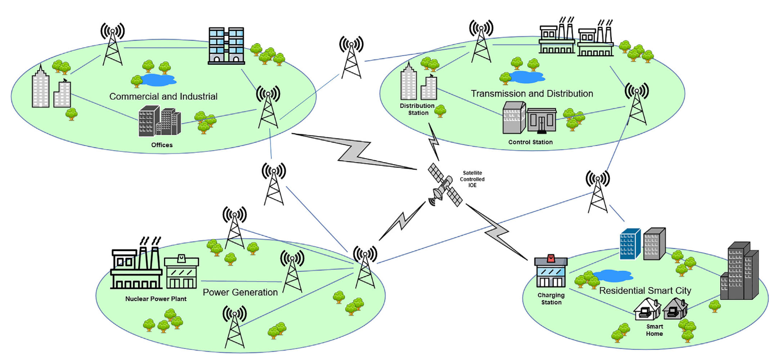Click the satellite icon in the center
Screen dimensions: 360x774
[445, 185]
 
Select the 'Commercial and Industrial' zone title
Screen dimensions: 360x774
[163, 96]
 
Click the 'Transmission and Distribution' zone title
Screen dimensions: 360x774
[532, 93]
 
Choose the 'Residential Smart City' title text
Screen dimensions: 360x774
[645, 290]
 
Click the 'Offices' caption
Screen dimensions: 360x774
[162, 145]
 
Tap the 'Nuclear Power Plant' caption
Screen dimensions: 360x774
[156, 300]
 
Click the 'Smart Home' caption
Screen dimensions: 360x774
[654, 330]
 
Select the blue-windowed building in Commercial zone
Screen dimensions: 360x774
[226, 45]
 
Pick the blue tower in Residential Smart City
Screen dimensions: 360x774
[630, 243]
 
